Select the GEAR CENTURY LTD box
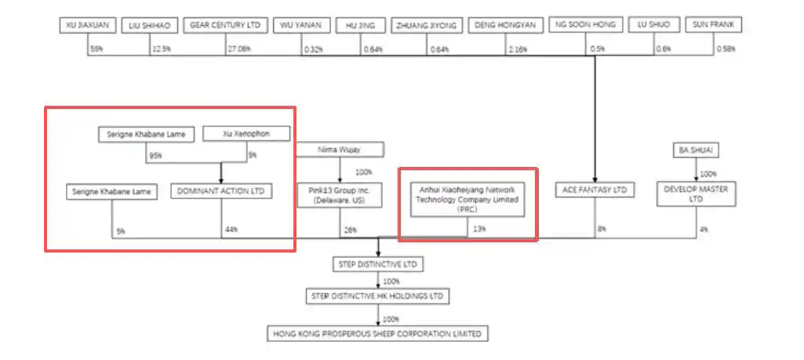(x=226, y=26)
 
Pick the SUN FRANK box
(x=713, y=26)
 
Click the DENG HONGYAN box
(x=506, y=26)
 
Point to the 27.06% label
(x=238, y=49)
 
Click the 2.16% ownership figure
(x=518, y=49)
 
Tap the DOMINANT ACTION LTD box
(x=221, y=191)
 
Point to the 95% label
(x=155, y=155)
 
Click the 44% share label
(x=231, y=230)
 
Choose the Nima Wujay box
(x=340, y=149)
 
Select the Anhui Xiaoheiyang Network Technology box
(x=467, y=199)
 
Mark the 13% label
(x=478, y=230)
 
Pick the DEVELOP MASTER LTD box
(x=697, y=194)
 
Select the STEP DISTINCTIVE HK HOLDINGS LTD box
(x=378, y=296)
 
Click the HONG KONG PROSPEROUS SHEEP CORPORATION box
(x=377, y=333)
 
